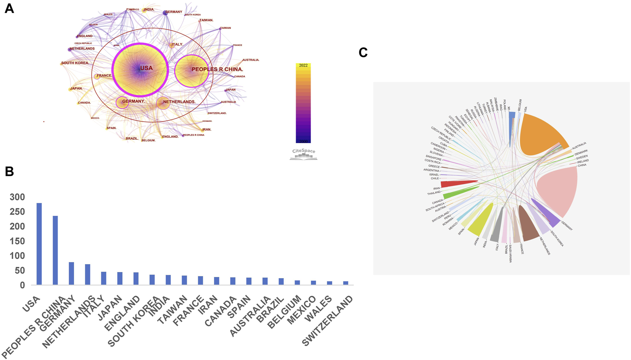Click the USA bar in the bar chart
tap(39, 244)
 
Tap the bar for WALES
tap(330, 283)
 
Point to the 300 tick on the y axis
tap(17, 197)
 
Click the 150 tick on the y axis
tap(17, 241)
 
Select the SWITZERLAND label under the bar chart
tap(328, 320)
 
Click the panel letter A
tap(9, 9)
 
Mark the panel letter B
tap(9, 172)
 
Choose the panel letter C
tap(363, 53)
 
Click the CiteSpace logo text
tap(303, 151)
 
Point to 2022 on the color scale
tap(303, 66)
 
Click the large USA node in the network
tap(140, 70)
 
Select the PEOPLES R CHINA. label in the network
tap(217, 69)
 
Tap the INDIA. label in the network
tap(149, 10)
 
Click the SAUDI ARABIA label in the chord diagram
tap(510, 254)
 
